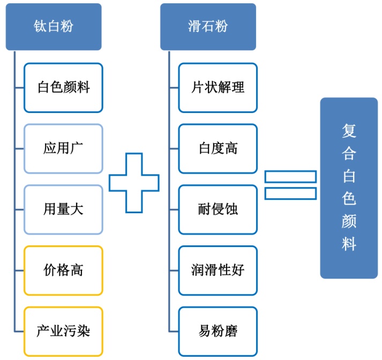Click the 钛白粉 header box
53,27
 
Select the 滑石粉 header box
207,27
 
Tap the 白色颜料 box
63,88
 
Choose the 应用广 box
63,148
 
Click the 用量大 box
63,209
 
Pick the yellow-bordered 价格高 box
63,270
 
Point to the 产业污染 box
63,331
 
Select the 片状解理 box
218,88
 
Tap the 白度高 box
218,148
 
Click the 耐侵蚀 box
218,209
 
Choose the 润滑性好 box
218,270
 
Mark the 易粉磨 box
218,331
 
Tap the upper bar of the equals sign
290,176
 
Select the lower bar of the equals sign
290,193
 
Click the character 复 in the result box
349,131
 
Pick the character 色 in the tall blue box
349,199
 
